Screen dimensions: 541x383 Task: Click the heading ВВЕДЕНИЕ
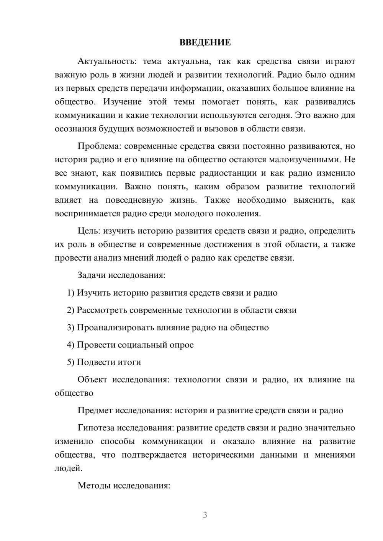pyautogui.click(x=205, y=42)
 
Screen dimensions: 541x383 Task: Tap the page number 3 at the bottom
pyautogui.click(x=205, y=515)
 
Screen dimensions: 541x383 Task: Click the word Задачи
pyautogui.click(x=92, y=275)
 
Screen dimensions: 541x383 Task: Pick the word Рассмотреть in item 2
pyautogui.click(x=101, y=310)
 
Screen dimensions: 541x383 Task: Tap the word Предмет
pyautogui.click(x=95, y=411)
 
